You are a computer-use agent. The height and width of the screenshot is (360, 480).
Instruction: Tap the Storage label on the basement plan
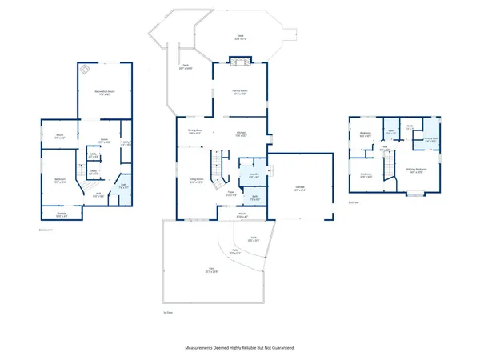pos(62,213)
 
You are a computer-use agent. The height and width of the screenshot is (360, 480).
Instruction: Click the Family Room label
pos(233,92)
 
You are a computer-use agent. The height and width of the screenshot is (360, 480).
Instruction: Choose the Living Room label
pos(197,179)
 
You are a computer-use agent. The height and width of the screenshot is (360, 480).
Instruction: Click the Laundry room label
pos(252,175)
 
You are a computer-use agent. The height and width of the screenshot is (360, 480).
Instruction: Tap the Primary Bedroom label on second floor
pos(414,169)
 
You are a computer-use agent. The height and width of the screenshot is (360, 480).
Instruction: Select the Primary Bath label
pos(430,138)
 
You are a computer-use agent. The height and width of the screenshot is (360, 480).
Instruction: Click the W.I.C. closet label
pos(409,126)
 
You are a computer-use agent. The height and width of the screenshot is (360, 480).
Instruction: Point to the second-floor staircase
pos(389,165)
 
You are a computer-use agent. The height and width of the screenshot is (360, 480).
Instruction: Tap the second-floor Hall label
pos(385,147)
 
